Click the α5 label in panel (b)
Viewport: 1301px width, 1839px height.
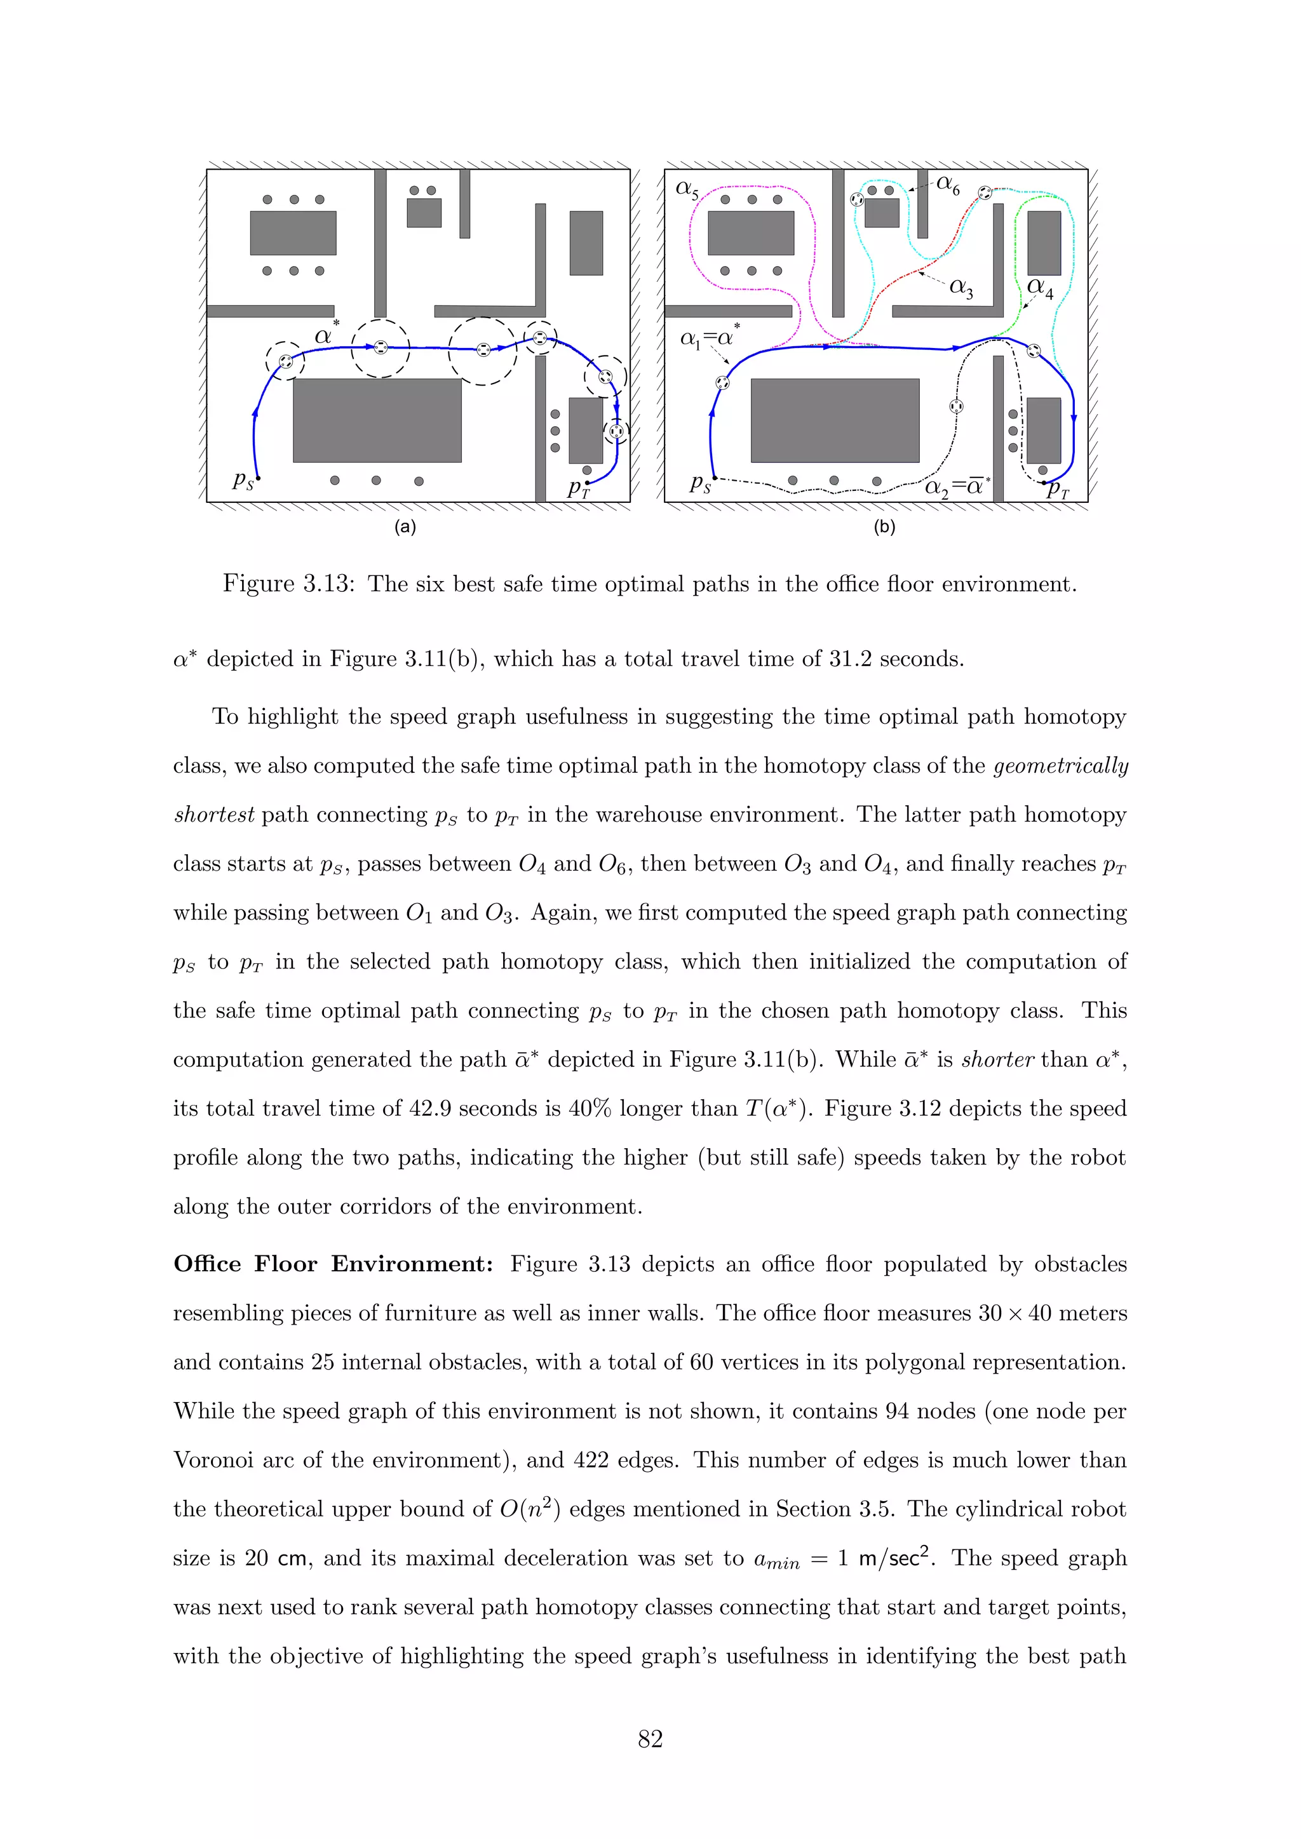click(687, 190)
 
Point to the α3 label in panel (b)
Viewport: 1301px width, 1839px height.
click(961, 288)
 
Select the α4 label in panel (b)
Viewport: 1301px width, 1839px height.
click(1040, 288)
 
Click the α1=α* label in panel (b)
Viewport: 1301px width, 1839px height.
click(710, 337)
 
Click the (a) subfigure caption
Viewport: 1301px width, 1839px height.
click(405, 527)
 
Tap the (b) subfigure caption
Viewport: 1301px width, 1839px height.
click(884, 527)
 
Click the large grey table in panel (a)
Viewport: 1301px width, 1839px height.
click(377, 420)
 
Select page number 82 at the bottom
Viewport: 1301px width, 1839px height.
click(650, 1738)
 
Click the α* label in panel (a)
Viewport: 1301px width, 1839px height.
click(326, 334)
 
